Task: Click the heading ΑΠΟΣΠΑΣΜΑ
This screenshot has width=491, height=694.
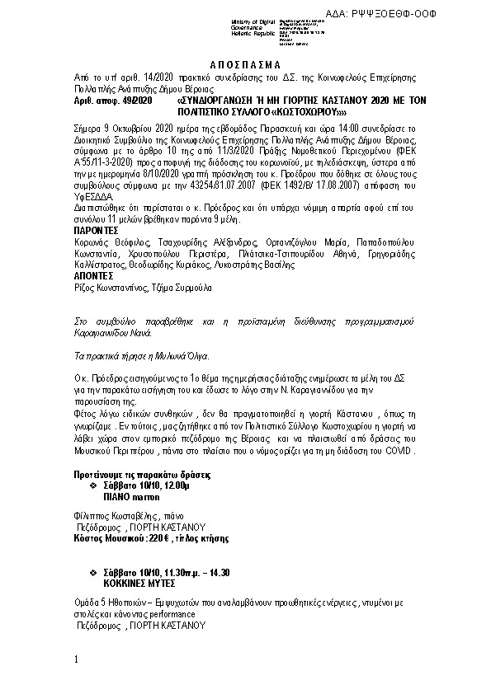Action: pos(245,64)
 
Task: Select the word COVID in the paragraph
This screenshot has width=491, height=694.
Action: pos(399,452)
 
